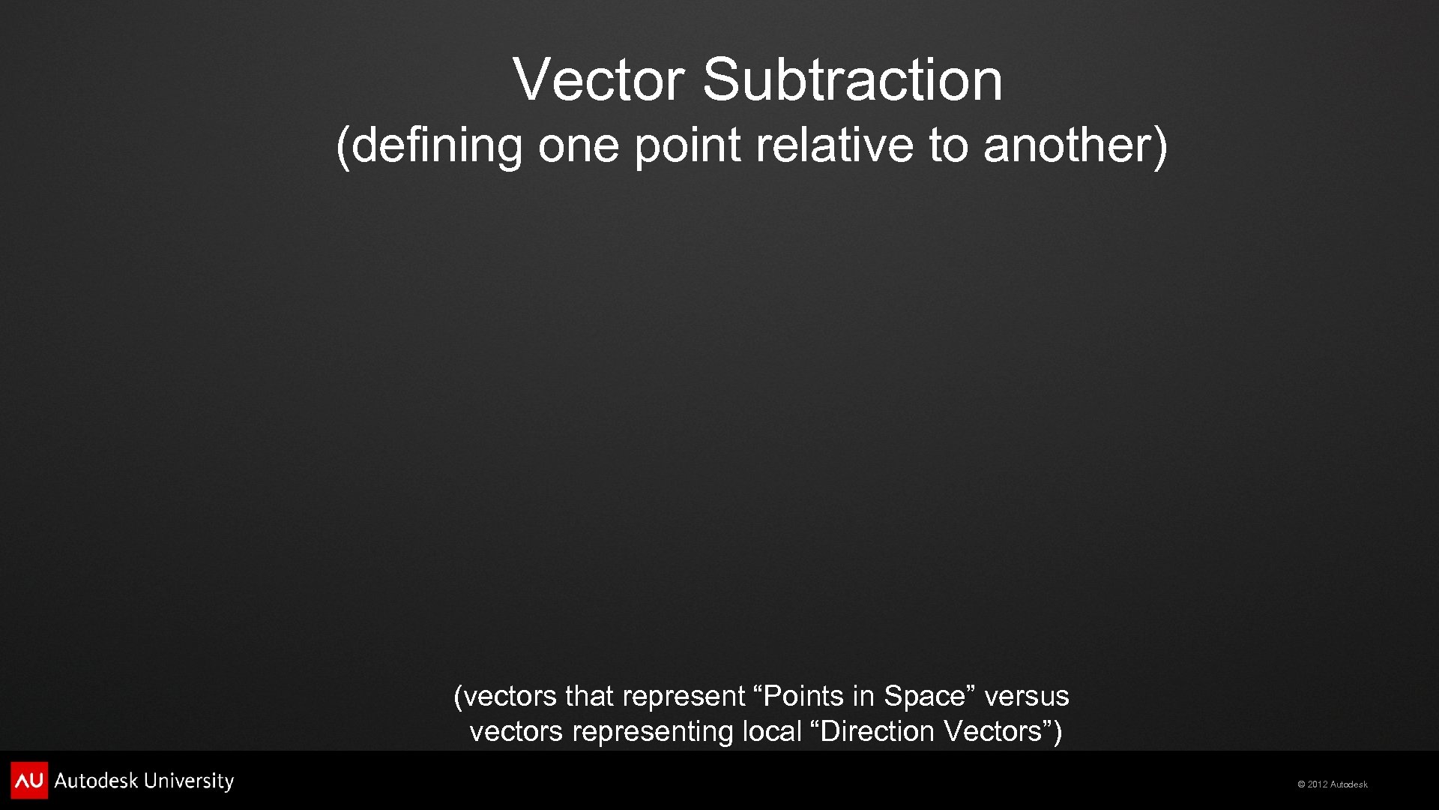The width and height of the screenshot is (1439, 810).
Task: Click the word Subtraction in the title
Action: click(852, 79)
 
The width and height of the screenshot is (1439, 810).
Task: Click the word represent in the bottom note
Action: click(684, 697)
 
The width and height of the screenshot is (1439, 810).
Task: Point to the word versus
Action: click(1026, 697)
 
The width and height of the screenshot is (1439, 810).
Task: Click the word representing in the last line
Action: click(652, 731)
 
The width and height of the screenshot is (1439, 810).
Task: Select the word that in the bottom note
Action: click(590, 697)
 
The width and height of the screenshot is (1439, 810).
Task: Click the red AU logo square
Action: click(29, 781)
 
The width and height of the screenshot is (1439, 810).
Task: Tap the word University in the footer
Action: click(189, 781)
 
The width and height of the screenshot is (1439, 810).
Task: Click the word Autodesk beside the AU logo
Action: click(96, 781)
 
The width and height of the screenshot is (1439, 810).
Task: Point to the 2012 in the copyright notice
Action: click(1318, 784)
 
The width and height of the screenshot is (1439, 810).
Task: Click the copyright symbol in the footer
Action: click(1302, 784)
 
